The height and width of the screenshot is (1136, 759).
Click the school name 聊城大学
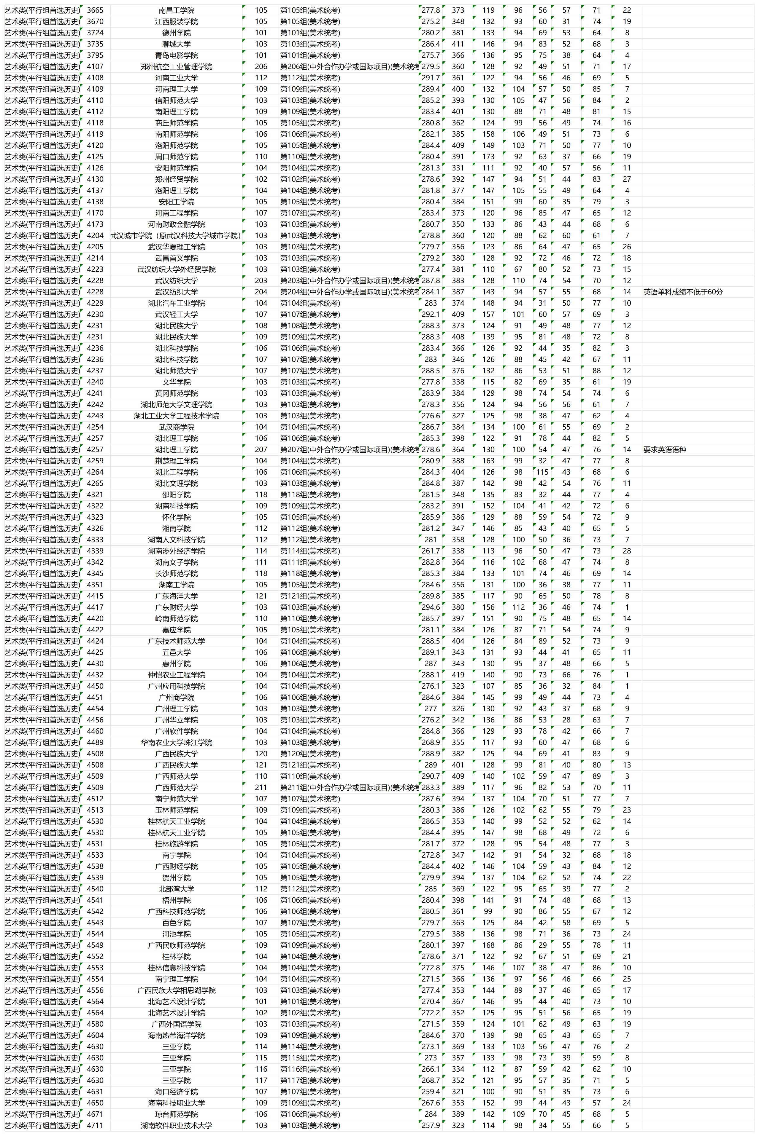(176, 44)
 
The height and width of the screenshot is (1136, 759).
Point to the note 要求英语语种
(665, 450)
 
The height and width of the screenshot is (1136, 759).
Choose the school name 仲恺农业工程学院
(176, 675)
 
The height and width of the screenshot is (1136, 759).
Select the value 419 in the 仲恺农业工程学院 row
(458, 675)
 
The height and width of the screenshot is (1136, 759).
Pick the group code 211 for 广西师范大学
(261, 788)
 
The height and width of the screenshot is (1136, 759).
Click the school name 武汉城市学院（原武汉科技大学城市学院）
(176, 235)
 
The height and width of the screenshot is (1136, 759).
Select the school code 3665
(95, 10)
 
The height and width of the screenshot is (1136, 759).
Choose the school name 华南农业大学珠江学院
(176, 742)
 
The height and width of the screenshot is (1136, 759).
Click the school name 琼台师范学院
(176, 1114)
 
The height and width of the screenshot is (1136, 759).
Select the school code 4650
(95, 1103)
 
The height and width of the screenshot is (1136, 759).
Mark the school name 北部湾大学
(176, 889)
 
